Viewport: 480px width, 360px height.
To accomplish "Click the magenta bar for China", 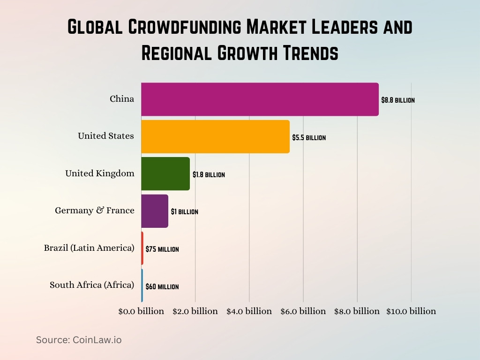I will (260, 99).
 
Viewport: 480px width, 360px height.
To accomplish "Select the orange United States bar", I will (215, 136).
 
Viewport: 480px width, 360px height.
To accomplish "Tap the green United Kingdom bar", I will (165, 173).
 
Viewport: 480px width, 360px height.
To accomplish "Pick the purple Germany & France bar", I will (155, 211).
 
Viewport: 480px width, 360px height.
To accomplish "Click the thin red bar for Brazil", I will (142, 248).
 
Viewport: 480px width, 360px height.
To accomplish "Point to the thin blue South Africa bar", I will (142, 285).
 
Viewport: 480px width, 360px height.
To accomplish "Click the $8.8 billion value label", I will (397, 100).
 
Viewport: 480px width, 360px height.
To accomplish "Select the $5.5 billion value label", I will (308, 138).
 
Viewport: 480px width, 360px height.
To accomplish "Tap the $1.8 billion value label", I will (209, 175).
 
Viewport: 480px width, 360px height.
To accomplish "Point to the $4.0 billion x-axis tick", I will (249, 311).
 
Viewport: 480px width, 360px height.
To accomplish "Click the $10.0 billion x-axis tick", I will (411, 311).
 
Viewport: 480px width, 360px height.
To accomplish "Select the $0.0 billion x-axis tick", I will (141, 311).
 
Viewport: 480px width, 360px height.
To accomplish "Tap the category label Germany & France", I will (95, 210).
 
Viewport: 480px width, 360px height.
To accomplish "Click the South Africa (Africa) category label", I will (92, 285).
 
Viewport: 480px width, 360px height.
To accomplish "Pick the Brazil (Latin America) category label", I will (89, 247).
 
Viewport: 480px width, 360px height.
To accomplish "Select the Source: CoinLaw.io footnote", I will (79, 340).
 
